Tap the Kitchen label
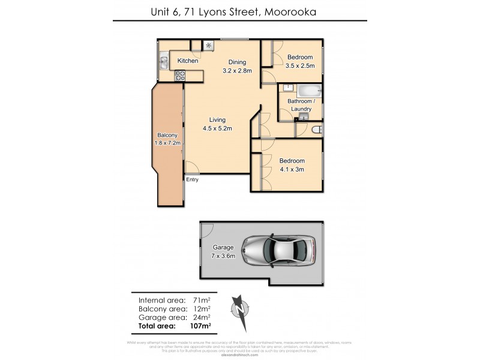click(x=187, y=61)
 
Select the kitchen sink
click(x=163, y=61)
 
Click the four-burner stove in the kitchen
click(x=179, y=76)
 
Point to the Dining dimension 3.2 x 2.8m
click(x=237, y=70)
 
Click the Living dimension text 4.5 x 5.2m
click(x=217, y=128)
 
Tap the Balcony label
click(x=168, y=136)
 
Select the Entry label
click(x=192, y=179)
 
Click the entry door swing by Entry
click(x=191, y=168)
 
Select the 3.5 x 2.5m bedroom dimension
click(x=300, y=65)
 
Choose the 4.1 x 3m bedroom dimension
click(x=292, y=169)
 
